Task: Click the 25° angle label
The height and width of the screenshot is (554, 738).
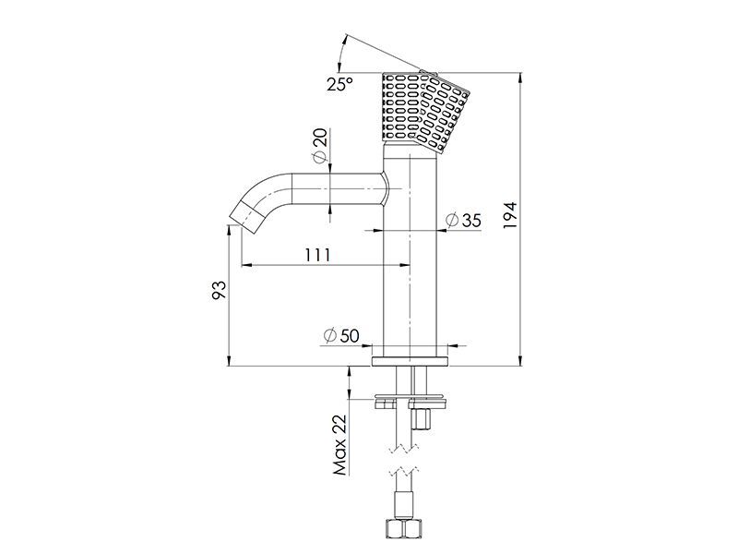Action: (339, 84)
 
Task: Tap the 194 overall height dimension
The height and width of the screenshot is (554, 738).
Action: (510, 215)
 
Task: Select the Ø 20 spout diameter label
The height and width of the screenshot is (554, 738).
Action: (320, 146)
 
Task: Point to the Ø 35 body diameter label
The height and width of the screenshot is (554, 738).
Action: (463, 220)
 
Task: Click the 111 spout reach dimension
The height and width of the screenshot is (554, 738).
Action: (317, 255)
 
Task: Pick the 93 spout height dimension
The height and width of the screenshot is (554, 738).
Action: (220, 290)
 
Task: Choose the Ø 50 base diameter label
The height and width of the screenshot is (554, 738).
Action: (341, 336)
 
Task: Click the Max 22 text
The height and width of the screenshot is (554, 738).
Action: (339, 445)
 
